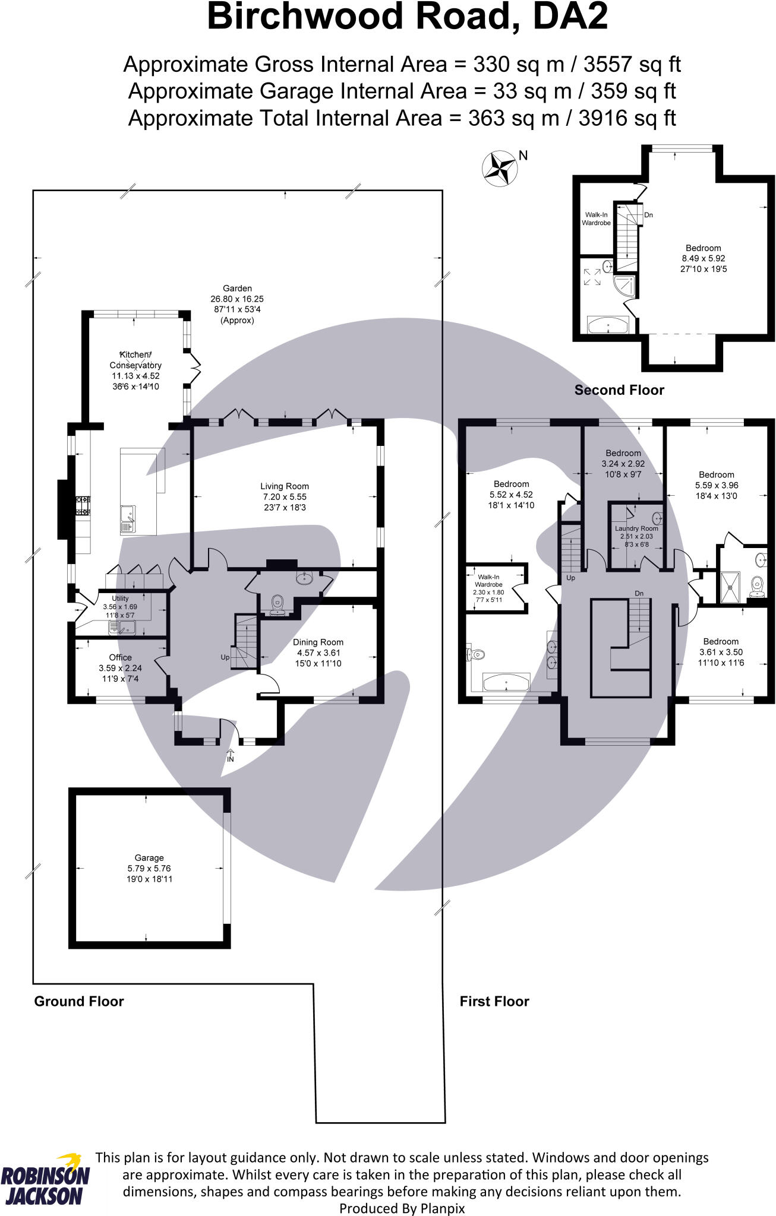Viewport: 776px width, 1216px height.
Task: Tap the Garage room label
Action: [x=149, y=857]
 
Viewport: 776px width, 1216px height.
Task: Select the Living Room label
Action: [x=284, y=486]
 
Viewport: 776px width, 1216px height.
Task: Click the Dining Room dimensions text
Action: [x=318, y=658]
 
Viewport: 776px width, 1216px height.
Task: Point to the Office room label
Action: [x=120, y=657]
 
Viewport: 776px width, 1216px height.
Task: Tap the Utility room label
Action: [x=120, y=598]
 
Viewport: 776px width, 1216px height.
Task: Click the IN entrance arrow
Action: [x=231, y=756]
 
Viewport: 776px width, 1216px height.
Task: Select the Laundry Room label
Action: [x=636, y=528]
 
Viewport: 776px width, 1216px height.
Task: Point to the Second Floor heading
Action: [x=619, y=390]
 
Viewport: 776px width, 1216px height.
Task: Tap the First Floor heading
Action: [x=494, y=1001]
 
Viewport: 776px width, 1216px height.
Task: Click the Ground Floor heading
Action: [x=79, y=1001]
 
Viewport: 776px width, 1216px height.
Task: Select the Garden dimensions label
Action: [x=237, y=304]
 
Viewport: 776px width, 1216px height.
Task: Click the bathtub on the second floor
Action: [x=607, y=325]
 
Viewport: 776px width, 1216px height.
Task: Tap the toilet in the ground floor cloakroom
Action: [x=277, y=604]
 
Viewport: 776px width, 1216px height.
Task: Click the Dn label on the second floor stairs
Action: [x=648, y=215]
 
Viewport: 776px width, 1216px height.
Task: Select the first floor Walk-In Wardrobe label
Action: [x=488, y=581]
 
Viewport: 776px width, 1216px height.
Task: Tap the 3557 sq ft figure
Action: [x=632, y=64]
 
